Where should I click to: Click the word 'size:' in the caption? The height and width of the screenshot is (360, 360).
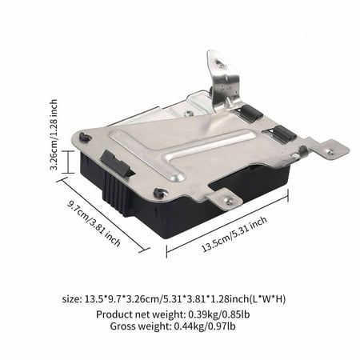(x=73, y=299)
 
